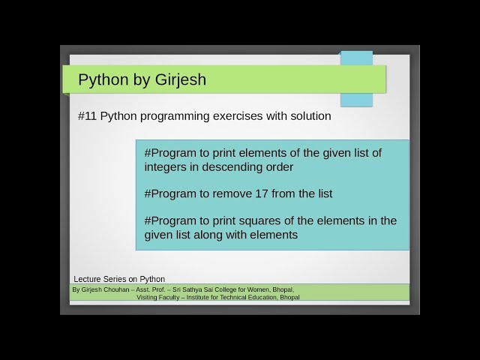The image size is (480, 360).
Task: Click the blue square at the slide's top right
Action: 356,78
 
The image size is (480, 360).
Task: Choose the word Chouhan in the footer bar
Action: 119,289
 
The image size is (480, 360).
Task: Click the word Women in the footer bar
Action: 259,289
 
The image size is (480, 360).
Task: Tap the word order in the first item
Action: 278,166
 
